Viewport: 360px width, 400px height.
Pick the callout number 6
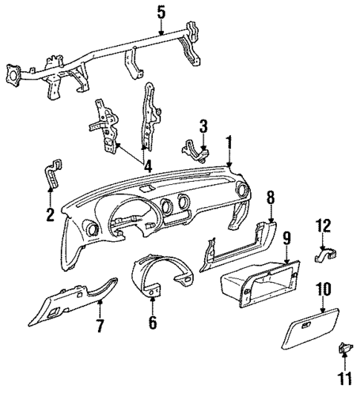click(x=153, y=324)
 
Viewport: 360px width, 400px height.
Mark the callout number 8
click(x=270, y=197)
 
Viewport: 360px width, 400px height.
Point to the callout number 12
click(x=323, y=226)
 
